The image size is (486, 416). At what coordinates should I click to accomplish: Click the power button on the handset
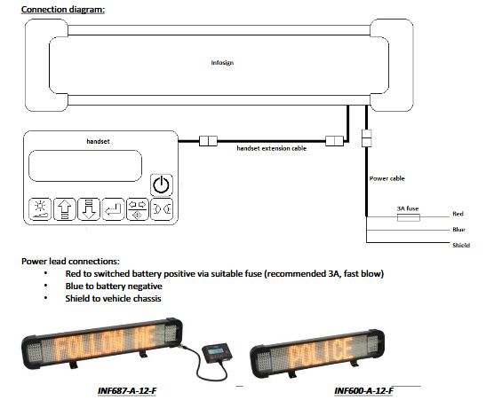pos(162,184)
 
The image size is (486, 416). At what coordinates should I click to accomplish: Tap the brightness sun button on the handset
pos(40,209)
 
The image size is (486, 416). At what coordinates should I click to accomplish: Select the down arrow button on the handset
pos(89,209)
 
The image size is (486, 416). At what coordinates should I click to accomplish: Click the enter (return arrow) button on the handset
pos(113,209)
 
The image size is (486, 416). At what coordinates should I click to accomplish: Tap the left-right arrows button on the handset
pos(138,209)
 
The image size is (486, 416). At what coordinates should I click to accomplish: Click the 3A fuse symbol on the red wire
pos(409,217)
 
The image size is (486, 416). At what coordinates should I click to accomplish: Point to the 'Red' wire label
pos(458,214)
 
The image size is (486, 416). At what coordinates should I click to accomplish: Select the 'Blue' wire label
pos(458,230)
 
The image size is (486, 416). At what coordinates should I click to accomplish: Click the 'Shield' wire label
pos(461,245)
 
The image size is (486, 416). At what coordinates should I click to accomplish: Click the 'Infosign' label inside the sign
pos(222,63)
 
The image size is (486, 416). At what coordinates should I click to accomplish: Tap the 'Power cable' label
pos(387,178)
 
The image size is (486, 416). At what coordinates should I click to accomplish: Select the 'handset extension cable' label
pos(272,148)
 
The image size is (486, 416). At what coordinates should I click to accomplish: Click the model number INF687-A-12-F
pos(127,390)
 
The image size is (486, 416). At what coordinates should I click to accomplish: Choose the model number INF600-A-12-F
pos(363,390)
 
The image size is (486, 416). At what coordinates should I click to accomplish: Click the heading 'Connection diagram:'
pos(63,9)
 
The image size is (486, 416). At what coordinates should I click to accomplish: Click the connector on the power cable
pos(367,138)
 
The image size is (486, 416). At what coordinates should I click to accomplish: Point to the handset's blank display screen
pos(85,166)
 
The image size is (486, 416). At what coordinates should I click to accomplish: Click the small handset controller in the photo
pos(217,352)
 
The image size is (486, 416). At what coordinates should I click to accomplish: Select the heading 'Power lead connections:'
pos(70,262)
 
